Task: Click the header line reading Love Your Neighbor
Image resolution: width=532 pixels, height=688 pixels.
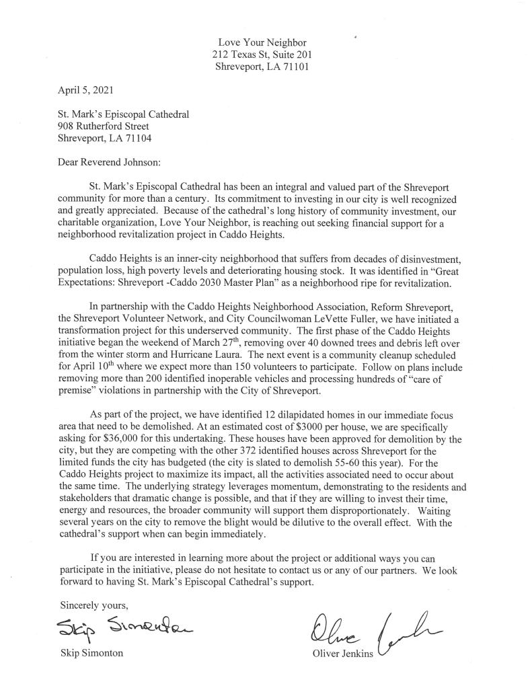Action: click(x=261, y=42)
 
